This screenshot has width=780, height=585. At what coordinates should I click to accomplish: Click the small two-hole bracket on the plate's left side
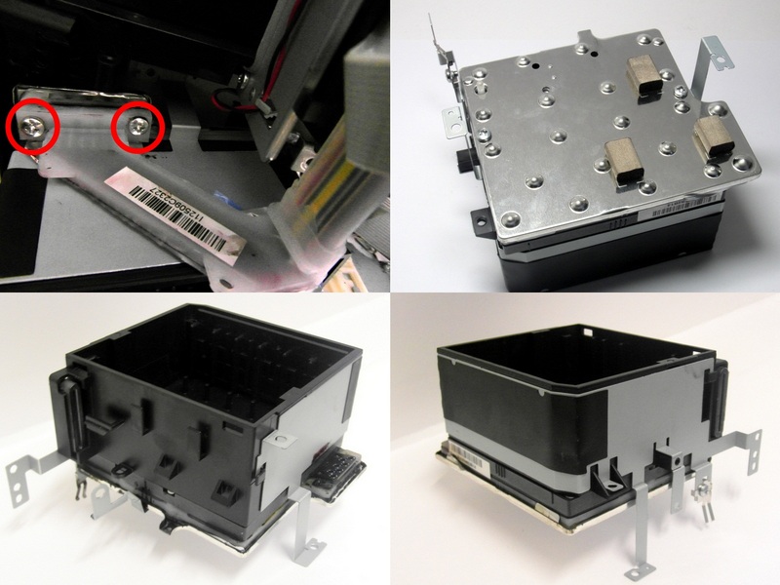click(453, 122)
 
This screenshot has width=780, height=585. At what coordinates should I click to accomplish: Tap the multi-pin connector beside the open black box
click(333, 471)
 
